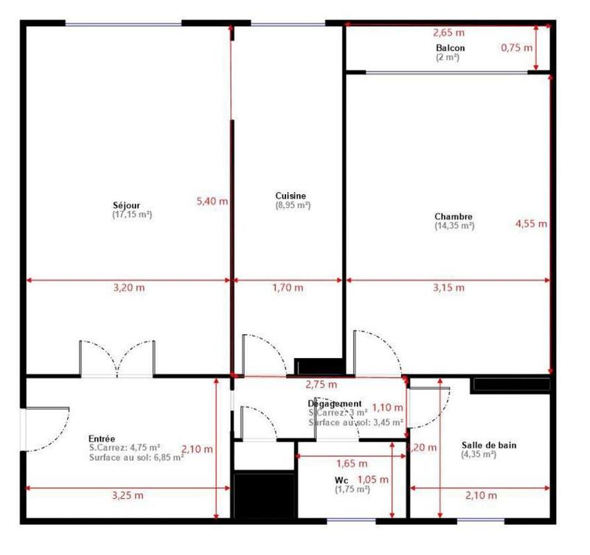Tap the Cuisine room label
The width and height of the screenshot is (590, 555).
pyautogui.click(x=291, y=196)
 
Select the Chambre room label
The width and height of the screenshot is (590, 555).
pyautogui.click(x=453, y=216)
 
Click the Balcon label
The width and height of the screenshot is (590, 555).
pyautogui.click(x=450, y=48)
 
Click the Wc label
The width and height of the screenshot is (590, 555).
pyautogui.click(x=341, y=480)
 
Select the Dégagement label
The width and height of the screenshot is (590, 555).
pyautogui.click(x=335, y=404)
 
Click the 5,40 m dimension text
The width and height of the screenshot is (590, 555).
pyautogui.click(x=212, y=200)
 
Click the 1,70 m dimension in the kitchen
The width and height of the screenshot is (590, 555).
pyautogui.click(x=288, y=288)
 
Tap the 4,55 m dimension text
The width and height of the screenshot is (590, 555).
pyautogui.click(x=531, y=224)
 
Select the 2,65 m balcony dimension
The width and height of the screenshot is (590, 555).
pyautogui.click(x=448, y=32)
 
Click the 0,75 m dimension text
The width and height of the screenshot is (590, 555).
pyautogui.click(x=516, y=48)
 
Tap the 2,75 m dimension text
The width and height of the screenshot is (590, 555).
pyautogui.click(x=321, y=385)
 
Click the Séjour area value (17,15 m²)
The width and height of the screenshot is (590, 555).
pyautogui.click(x=132, y=215)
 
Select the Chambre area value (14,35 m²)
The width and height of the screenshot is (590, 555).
pyautogui.click(x=454, y=226)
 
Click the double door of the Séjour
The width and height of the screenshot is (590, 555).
pyautogui.click(x=118, y=360)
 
